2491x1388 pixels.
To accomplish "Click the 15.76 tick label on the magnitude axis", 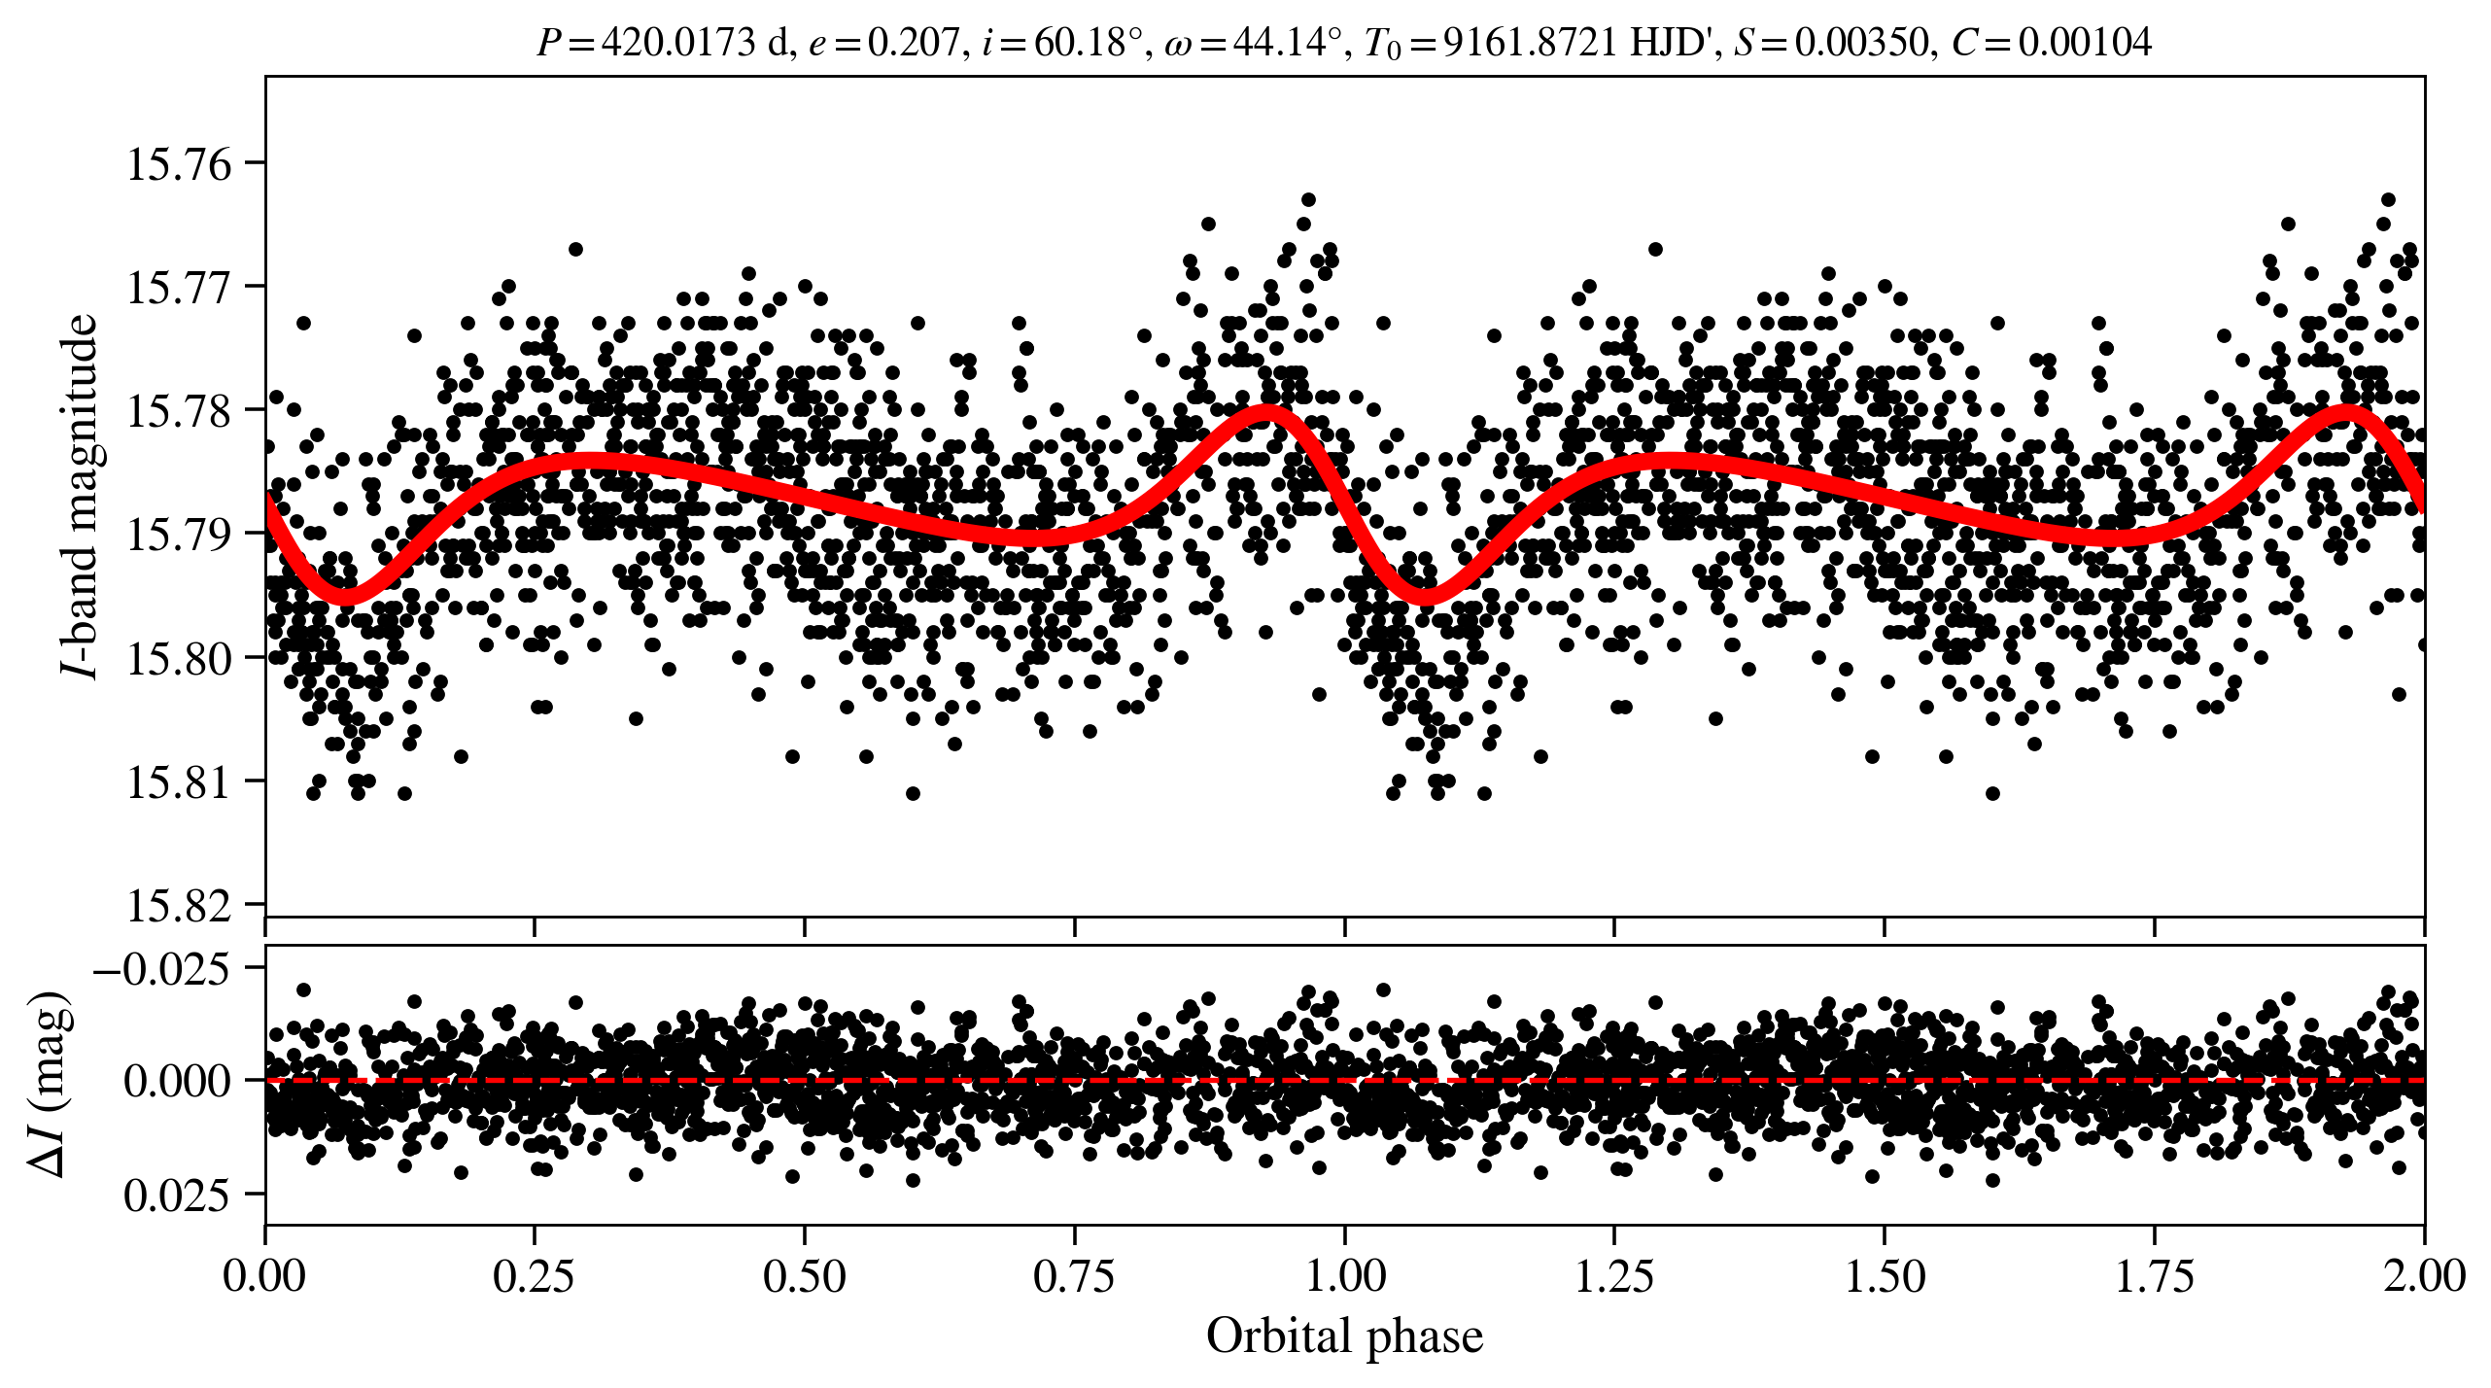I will point(180,163).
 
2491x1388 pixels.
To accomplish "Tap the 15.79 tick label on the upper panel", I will point(180,535).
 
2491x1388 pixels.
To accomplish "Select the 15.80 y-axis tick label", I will point(180,658).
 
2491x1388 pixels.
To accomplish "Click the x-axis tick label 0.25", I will point(534,1275).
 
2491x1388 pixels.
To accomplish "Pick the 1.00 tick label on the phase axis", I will point(1344,1275).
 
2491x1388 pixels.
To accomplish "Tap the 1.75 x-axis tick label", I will point(2154,1275).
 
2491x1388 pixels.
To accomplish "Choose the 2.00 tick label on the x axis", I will point(2423,1275).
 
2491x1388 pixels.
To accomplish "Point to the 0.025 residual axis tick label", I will point(177,1195).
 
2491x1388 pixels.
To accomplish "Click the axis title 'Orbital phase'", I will point(1344,1336).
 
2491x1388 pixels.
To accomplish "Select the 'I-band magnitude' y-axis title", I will point(80,496).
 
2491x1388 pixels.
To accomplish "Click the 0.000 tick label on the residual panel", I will point(177,1081).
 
